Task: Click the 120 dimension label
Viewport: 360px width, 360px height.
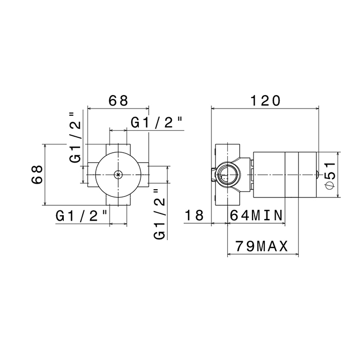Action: coord(265,101)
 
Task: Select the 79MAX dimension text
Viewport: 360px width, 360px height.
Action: coord(261,247)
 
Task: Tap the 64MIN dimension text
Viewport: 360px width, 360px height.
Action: coord(256,215)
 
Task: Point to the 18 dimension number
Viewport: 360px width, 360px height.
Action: coord(194,215)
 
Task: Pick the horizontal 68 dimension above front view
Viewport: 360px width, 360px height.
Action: coord(118,101)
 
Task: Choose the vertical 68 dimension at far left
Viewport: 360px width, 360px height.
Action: coord(37,174)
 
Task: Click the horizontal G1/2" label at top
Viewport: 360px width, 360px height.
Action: coord(157,122)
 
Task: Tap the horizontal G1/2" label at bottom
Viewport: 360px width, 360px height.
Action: coord(82,216)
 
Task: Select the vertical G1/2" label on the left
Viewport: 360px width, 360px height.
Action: coord(76,137)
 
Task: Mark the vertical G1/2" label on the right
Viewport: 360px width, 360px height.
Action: coord(160,214)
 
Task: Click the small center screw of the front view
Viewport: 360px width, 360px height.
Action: coord(118,175)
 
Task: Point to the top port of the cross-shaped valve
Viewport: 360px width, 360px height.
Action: coord(118,148)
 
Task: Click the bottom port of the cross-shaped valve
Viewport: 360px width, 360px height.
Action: coord(118,201)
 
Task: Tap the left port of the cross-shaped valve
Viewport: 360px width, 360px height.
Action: coord(92,175)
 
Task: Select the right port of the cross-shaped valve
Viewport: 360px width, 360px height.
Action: coord(145,175)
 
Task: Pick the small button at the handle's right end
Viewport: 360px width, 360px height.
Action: coord(318,174)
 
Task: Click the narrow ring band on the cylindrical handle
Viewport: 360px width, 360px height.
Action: coord(292,174)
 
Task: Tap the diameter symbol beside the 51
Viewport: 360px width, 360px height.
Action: coord(330,185)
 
